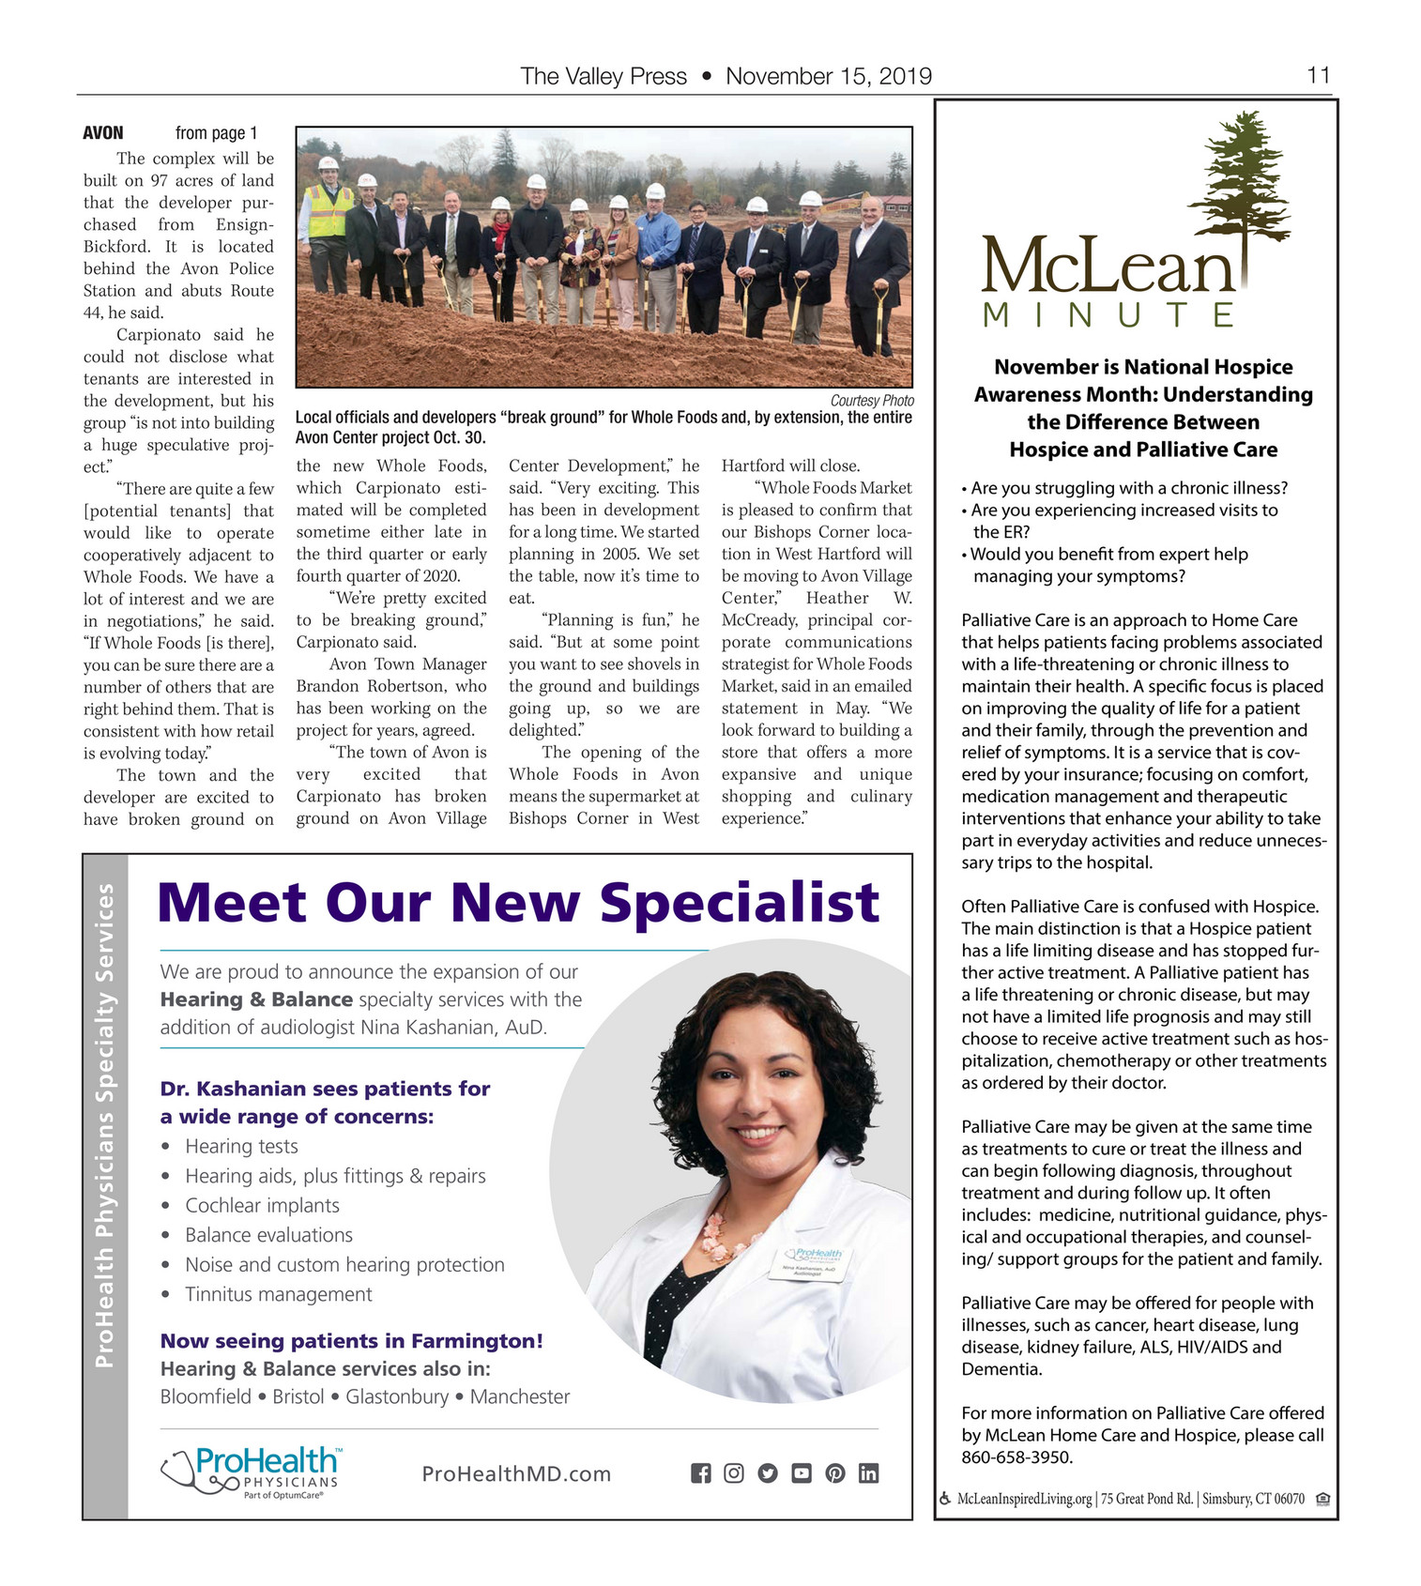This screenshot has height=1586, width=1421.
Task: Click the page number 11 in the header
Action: coord(1318,75)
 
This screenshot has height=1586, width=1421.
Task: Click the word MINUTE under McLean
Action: coord(1108,314)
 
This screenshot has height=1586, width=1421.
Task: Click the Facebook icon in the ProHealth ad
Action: coord(700,1473)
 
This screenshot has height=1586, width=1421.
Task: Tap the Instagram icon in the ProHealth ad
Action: coord(734,1473)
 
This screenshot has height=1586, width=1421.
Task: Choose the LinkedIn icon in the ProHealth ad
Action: coord(869,1473)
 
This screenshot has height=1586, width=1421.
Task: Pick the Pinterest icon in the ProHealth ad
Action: coord(835,1473)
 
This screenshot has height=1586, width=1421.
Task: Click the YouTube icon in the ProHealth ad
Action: coord(802,1473)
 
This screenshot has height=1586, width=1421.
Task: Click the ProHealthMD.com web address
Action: coord(516,1473)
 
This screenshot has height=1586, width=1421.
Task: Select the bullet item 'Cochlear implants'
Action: coord(262,1205)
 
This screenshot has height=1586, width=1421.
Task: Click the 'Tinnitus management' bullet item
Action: coord(278,1294)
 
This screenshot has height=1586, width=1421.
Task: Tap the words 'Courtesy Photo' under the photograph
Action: coord(872,401)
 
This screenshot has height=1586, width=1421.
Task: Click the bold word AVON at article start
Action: coord(103,133)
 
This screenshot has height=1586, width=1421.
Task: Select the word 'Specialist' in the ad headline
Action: coord(740,903)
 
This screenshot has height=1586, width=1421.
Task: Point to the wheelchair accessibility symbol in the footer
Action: coord(944,1499)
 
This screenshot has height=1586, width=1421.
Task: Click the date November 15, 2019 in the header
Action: coord(829,76)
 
